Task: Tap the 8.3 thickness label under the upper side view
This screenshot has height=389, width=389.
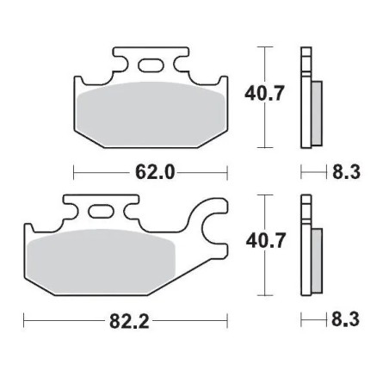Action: pos(344,172)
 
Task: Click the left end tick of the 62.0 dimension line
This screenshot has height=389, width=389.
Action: pos(75,172)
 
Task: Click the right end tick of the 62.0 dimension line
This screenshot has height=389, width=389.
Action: pos(227,172)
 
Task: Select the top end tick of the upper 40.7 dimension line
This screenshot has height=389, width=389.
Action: pos(264,45)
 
